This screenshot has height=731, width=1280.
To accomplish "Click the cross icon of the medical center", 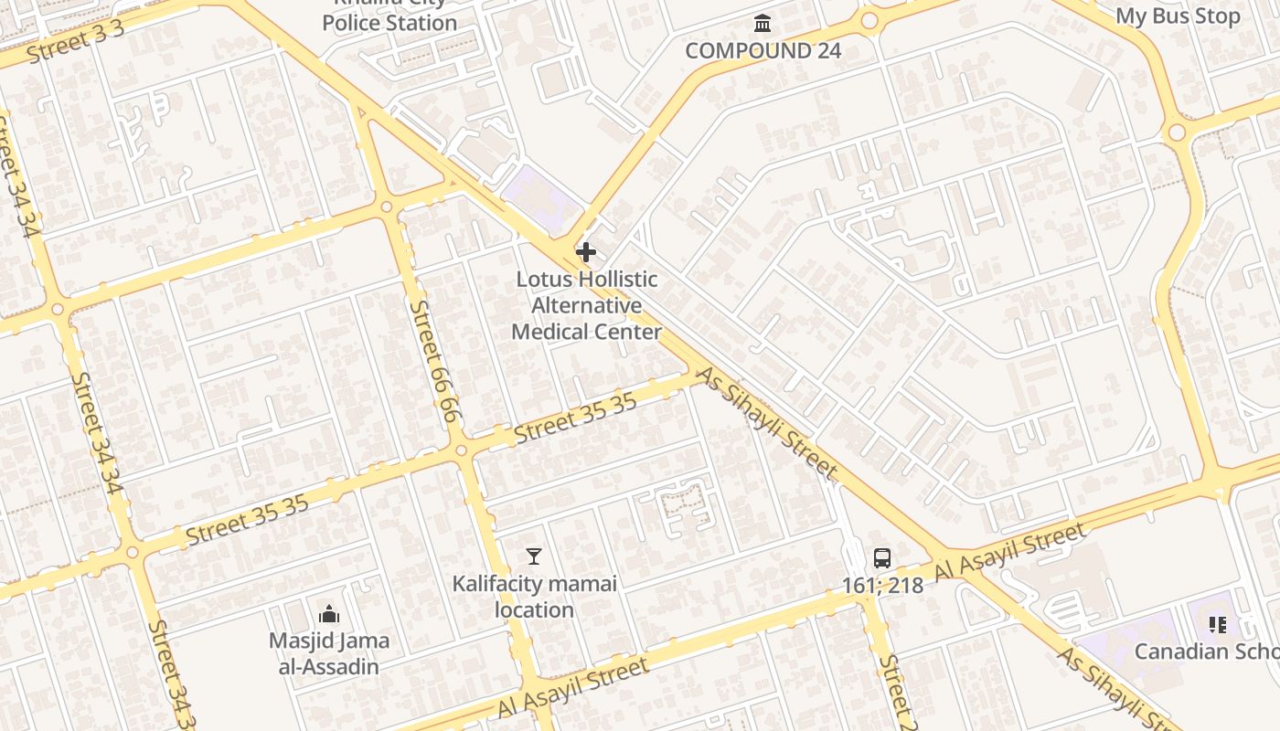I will pyautogui.click(x=586, y=251).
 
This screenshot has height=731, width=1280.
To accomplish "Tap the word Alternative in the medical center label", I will pyautogui.click(x=586, y=305).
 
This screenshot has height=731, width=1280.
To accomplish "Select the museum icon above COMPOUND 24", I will pyautogui.click(x=762, y=23).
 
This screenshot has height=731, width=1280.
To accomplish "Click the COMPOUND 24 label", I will pyautogui.click(x=763, y=50).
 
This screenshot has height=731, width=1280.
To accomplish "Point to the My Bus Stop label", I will pyautogui.click(x=1178, y=16).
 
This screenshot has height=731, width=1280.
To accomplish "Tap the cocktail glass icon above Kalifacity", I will pyautogui.click(x=534, y=556).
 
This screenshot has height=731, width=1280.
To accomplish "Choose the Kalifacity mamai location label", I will pyautogui.click(x=535, y=596).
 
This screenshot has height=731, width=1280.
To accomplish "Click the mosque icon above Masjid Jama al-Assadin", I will pyautogui.click(x=328, y=614).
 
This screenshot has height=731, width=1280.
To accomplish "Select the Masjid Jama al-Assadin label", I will pyautogui.click(x=329, y=653).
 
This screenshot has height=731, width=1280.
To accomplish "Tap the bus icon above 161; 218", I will pyautogui.click(x=881, y=557).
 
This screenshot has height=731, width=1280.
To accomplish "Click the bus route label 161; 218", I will pyautogui.click(x=881, y=585).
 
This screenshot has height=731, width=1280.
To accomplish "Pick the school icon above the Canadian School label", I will pyautogui.click(x=1217, y=625).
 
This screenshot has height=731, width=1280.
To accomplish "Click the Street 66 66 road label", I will pyautogui.click(x=432, y=361).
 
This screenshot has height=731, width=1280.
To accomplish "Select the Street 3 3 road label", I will pyautogui.click(x=75, y=42).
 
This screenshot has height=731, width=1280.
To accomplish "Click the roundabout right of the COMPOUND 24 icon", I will pyautogui.click(x=869, y=20).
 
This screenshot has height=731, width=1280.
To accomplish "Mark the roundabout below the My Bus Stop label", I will pyautogui.click(x=1177, y=132).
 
